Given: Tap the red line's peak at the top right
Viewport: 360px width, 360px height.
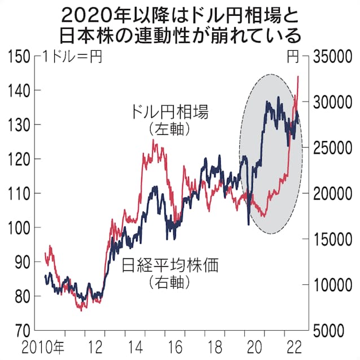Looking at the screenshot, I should click(297, 76).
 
